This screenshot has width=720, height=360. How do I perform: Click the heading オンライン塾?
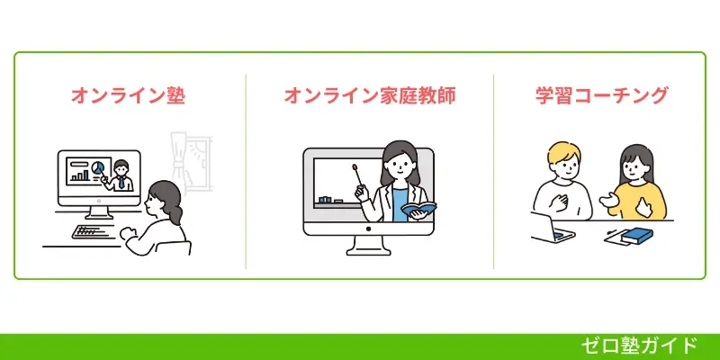point(129,96)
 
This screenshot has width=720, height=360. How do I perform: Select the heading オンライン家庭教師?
point(370,96)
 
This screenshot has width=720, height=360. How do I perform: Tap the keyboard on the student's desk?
point(96,231)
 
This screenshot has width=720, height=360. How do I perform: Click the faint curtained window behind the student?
point(191,163)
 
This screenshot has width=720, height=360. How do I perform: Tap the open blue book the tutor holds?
point(418,211)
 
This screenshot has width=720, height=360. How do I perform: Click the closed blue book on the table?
point(637,236)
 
